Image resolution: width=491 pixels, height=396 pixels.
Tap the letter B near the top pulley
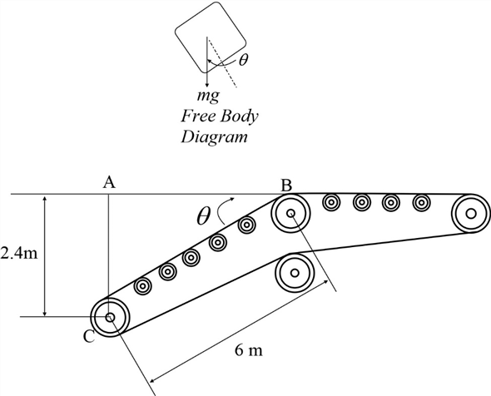pos(285,185)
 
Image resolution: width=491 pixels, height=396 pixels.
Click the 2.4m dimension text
pos(18,254)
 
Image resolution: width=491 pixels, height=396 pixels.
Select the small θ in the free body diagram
pos(242,60)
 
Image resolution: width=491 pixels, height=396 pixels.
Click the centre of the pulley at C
pos(108,316)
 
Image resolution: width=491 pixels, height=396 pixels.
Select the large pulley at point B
pos(291,215)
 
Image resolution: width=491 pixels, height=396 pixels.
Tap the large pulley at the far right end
pos(471,214)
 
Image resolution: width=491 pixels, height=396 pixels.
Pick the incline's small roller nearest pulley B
pos(245,225)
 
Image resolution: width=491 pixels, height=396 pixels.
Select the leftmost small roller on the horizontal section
pos(330,202)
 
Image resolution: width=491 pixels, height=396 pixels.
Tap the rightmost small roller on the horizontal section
pos(421,202)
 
